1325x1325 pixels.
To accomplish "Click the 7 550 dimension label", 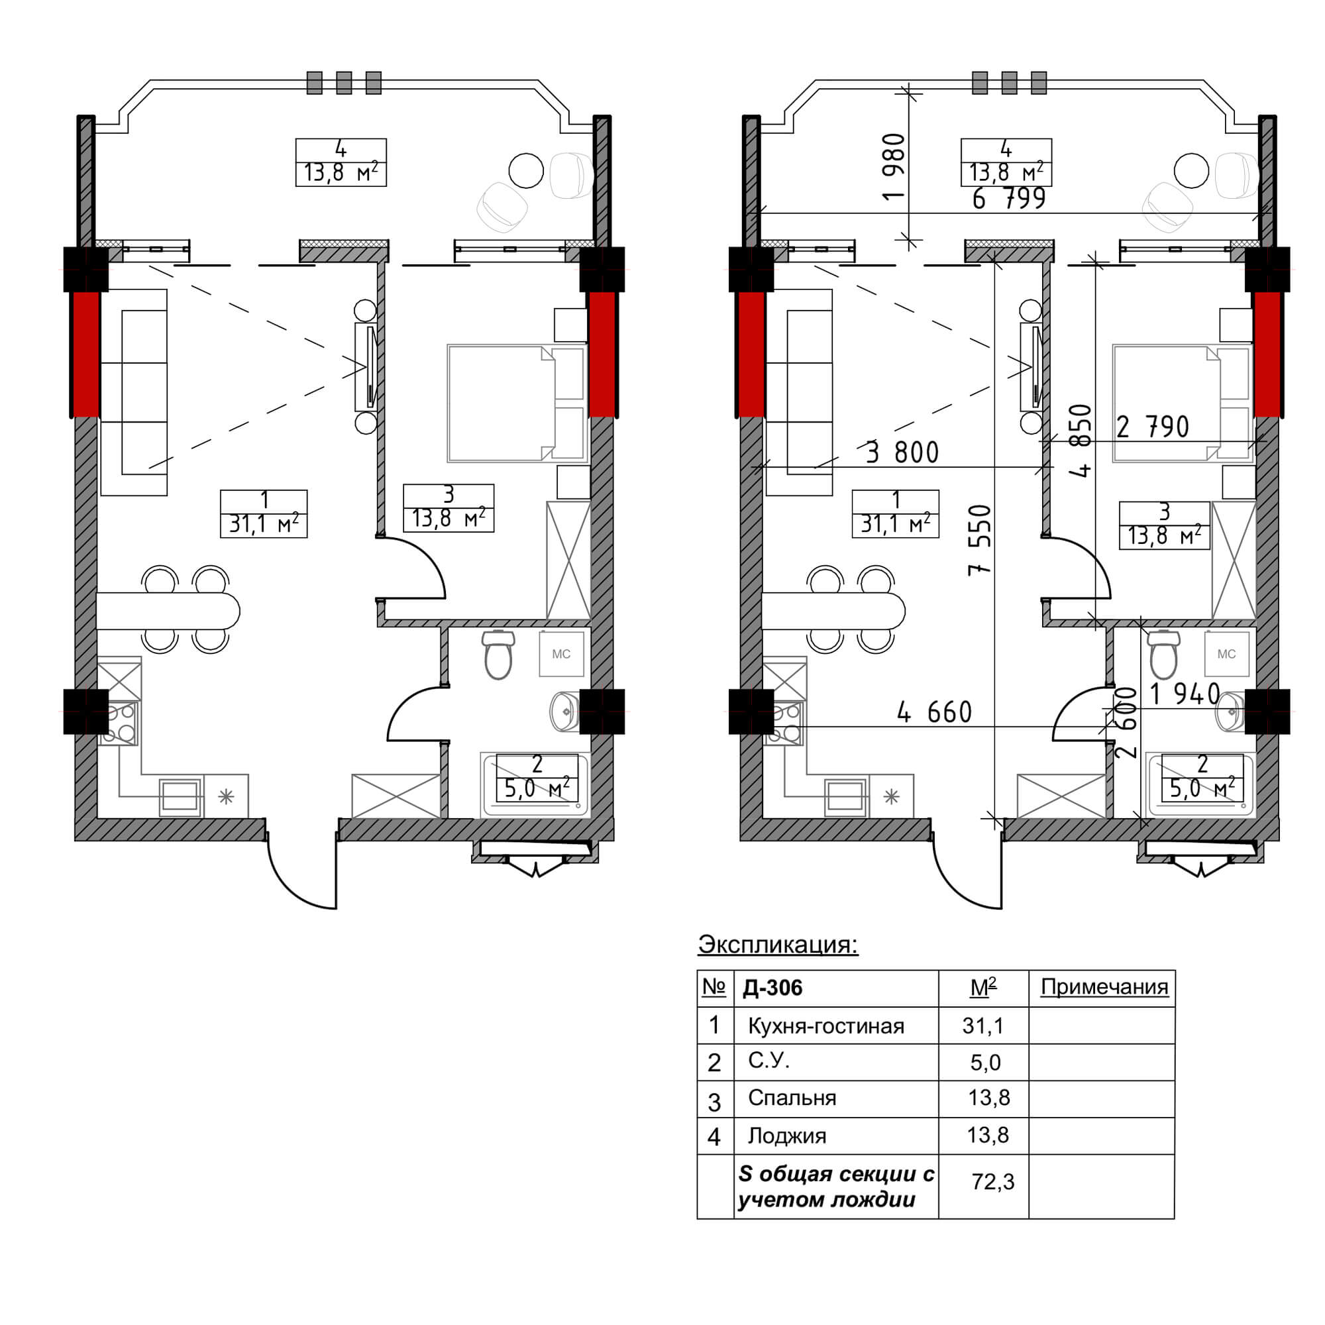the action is [x=980, y=540].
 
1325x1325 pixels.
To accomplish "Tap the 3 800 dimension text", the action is [x=902, y=452].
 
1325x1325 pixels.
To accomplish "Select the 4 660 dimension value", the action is [x=935, y=713].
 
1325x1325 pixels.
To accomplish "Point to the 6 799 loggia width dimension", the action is [x=1009, y=199].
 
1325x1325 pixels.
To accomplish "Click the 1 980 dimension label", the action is [x=894, y=167].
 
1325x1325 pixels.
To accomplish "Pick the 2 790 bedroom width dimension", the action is [x=1152, y=427].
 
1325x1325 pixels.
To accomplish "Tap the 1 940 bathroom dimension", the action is [x=1185, y=694].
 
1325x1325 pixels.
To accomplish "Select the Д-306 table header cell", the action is [x=773, y=988].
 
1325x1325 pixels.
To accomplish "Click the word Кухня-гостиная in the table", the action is [x=825, y=1026].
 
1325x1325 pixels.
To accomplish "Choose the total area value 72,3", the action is [x=993, y=1182].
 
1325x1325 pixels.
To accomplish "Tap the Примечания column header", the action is [x=1104, y=987].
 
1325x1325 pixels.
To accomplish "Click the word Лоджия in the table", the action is [x=786, y=1136].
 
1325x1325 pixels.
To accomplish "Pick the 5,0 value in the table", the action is [x=986, y=1063].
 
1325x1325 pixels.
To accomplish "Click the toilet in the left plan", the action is [x=499, y=655].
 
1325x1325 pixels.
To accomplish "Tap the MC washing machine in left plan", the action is [x=561, y=654].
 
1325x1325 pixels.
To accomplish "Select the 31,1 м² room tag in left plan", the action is [x=264, y=513].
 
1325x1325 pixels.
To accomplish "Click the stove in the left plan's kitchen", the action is [x=119, y=723].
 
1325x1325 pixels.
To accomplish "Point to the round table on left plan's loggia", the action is [x=526, y=170].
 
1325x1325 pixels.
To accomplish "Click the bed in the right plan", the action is [x=1183, y=403].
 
